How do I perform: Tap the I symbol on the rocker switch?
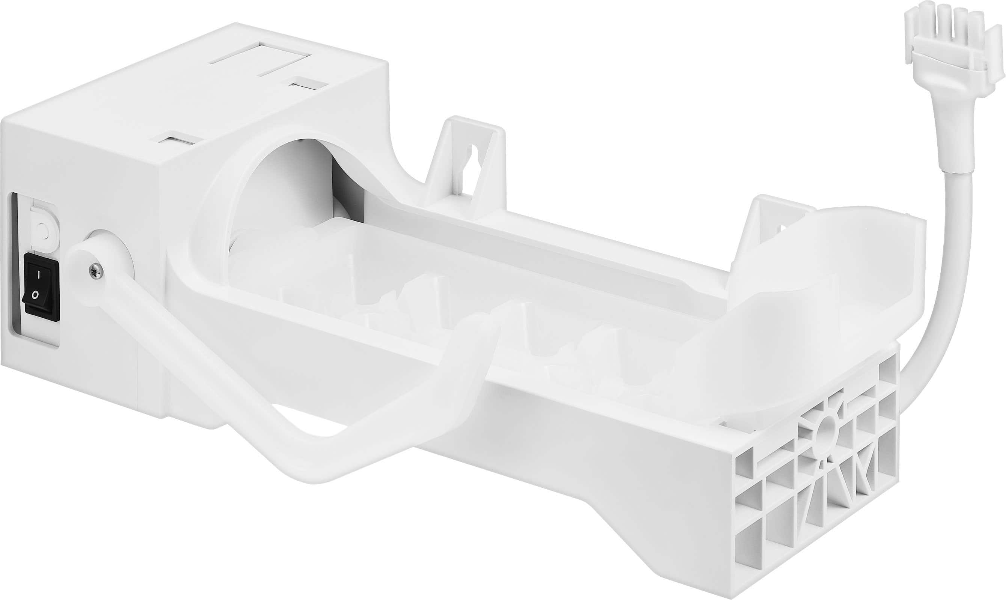tap(38, 275)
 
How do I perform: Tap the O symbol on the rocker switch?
tap(36, 295)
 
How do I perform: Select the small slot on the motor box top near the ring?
tap(178, 140)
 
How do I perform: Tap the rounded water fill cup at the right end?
tap(829, 275)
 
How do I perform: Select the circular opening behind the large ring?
tap(291, 190)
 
